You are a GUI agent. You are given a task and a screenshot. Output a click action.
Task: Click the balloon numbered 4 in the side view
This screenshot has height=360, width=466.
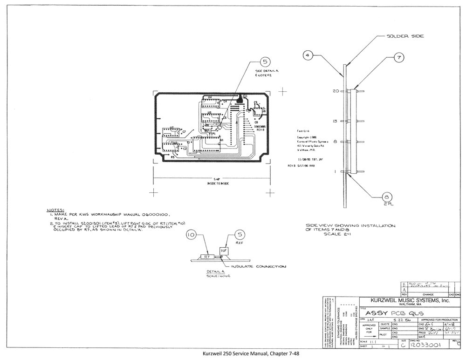(x=307, y=55)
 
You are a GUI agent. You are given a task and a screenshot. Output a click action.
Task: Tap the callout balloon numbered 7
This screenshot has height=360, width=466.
(x=398, y=57)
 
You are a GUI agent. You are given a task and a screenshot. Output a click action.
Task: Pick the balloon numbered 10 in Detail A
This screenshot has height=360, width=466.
(x=191, y=235)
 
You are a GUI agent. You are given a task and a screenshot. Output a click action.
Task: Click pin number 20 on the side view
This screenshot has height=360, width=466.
(x=335, y=91)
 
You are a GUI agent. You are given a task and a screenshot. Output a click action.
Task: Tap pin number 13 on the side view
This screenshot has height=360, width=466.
(x=335, y=121)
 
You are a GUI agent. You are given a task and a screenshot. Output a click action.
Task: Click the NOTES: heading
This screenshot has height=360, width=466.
(x=56, y=210)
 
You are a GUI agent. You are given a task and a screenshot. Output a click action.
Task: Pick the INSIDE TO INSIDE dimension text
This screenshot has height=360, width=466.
(x=211, y=184)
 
